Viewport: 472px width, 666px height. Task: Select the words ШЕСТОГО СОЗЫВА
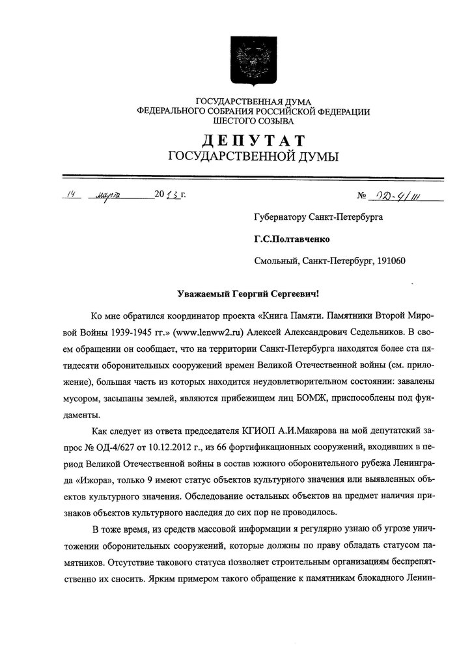(253, 121)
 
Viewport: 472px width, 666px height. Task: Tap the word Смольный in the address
(275, 261)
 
